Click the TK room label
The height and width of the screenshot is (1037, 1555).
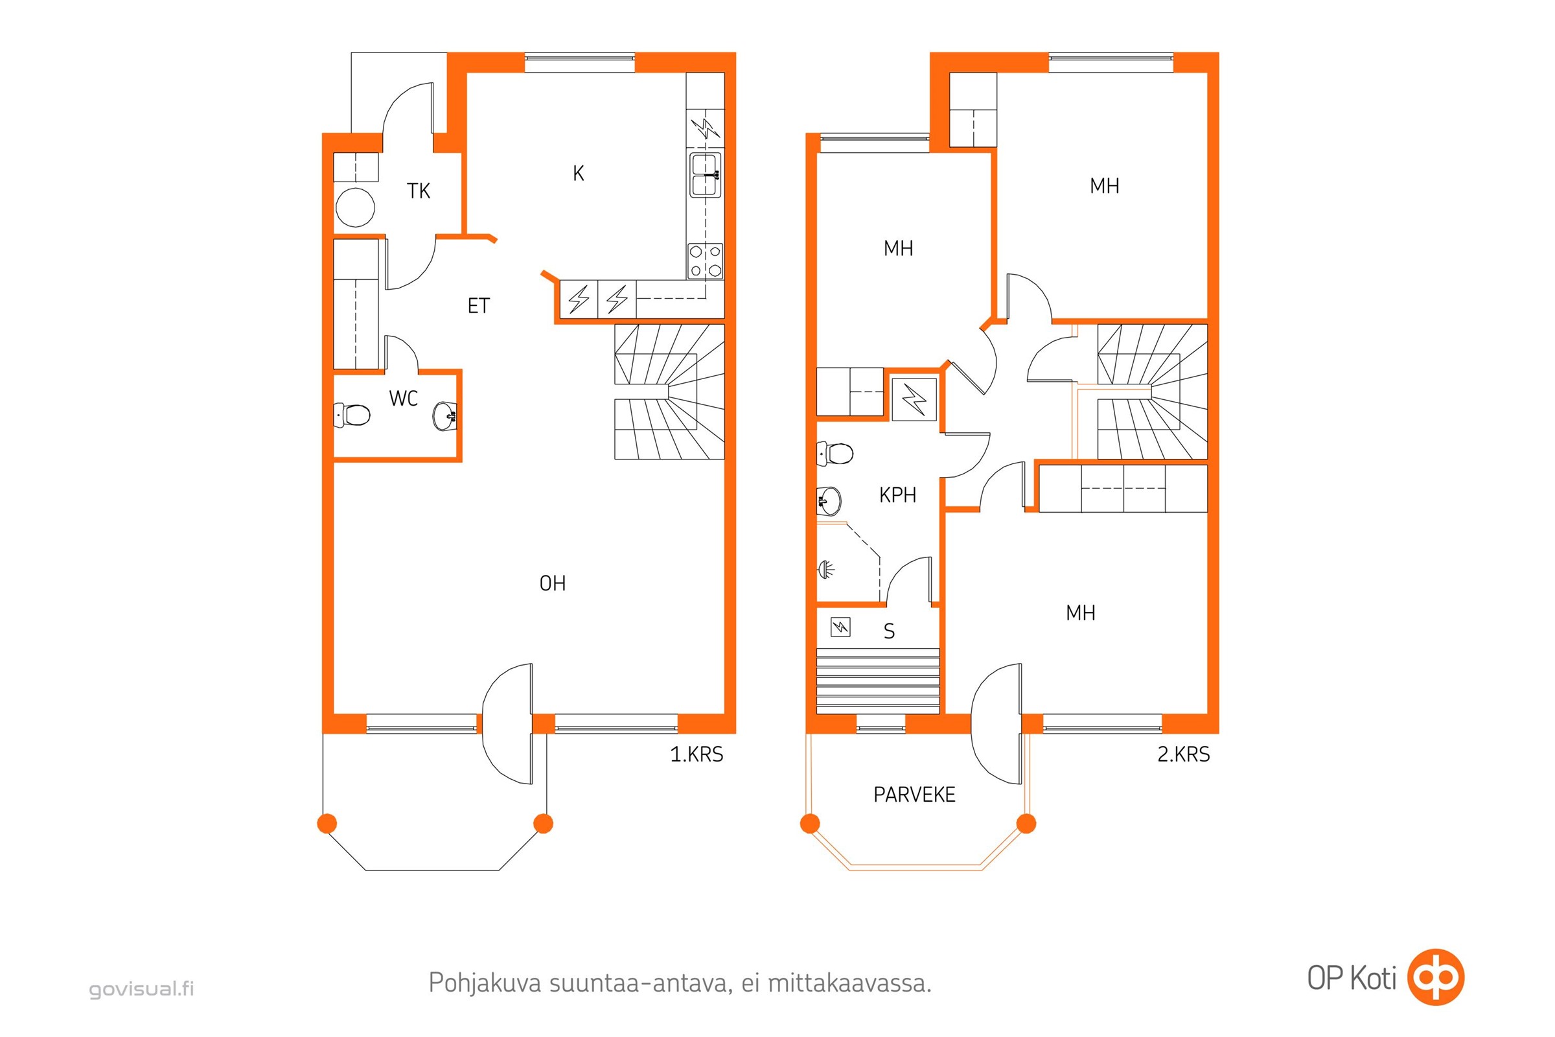coord(419,191)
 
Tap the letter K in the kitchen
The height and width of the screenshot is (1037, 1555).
coord(579,173)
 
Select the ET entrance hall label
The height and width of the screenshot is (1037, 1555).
coord(479,306)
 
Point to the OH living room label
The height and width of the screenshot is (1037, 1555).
coord(553,583)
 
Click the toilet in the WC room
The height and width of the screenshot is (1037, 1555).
coord(352,415)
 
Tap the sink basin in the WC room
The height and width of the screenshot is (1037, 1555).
coord(445,416)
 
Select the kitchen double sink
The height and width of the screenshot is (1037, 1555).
coord(706,175)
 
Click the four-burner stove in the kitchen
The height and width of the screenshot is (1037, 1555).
coord(706,261)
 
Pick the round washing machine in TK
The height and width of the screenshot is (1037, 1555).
coord(356,207)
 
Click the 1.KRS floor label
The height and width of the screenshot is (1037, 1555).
coord(697,754)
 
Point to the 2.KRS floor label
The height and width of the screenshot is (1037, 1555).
coord(1184,754)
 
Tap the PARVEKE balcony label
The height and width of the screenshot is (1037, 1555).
coord(914,795)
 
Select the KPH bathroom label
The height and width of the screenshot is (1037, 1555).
coord(898,495)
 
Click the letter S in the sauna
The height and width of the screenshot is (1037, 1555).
coord(889,631)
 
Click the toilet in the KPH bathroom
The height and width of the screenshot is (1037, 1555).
coord(836,454)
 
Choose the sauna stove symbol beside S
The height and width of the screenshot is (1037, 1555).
coord(840,626)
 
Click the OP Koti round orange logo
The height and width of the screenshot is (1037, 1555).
coord(1436,977)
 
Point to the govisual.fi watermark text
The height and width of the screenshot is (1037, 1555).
coord(141,990)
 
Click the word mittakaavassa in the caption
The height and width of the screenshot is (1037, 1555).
coord(849,983)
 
